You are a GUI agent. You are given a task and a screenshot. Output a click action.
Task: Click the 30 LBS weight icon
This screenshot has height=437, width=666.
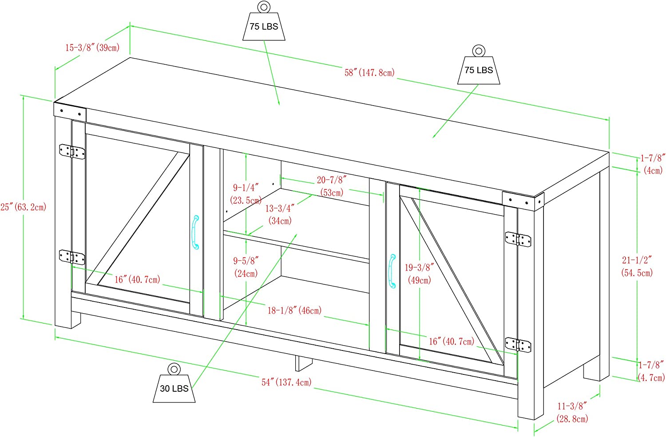174,384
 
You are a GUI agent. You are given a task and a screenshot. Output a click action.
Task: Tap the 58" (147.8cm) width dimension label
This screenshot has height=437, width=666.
369,72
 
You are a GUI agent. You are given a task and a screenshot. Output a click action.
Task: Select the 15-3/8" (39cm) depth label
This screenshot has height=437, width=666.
92,47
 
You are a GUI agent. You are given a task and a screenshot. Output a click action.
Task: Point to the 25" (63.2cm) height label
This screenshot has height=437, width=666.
23,207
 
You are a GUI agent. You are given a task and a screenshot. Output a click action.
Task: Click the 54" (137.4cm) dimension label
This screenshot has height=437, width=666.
286,382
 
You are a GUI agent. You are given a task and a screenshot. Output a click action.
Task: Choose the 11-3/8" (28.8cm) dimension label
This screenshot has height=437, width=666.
572,412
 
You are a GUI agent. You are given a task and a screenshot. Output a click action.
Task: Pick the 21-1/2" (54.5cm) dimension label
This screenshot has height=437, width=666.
637,266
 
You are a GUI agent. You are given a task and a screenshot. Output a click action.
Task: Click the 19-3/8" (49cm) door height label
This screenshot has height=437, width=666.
419,273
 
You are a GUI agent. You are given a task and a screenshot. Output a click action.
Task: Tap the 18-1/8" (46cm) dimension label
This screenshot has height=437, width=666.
294,310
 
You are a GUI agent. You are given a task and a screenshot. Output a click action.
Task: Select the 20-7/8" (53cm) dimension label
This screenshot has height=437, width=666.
332,186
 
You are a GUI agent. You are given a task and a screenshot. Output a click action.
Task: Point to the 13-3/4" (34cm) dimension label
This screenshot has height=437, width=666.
280,214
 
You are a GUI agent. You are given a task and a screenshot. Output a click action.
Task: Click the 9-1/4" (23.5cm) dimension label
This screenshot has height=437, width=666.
246,194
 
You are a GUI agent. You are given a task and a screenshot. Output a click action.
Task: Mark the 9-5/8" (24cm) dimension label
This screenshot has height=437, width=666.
246,267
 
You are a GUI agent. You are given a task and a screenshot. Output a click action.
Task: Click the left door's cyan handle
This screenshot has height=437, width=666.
195,232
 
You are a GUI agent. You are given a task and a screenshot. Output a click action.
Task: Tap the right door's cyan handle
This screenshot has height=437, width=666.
392,271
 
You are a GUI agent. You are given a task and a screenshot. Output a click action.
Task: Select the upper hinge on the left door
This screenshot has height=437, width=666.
72,151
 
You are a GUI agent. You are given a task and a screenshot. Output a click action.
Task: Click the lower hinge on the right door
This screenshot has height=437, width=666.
518,344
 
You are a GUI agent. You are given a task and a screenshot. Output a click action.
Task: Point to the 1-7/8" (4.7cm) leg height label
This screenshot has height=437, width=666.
651,371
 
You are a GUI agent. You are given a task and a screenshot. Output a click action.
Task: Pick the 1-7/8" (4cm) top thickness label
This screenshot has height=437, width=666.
652,164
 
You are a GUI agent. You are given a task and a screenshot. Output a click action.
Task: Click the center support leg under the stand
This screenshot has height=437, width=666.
304,362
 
